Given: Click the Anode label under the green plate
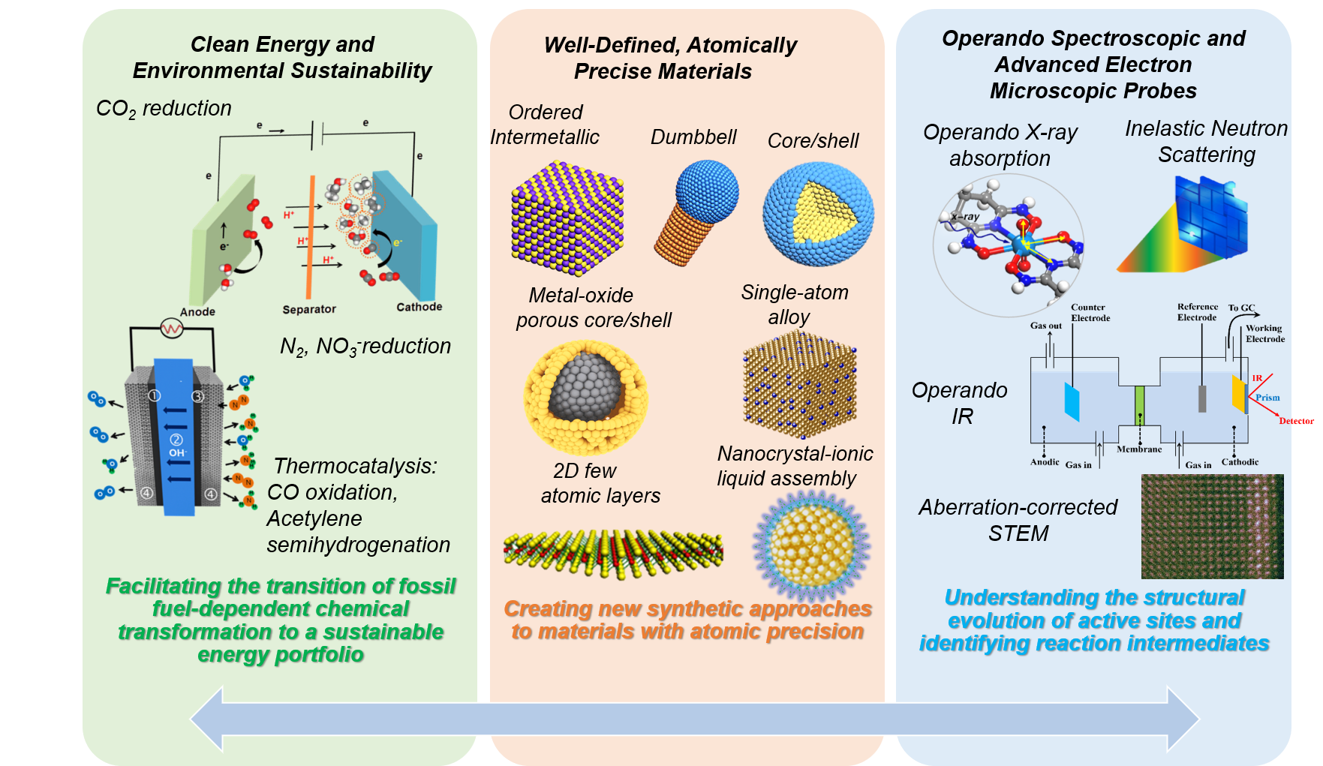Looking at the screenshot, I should pos(197,311).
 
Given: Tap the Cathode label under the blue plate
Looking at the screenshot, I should pos(419,307).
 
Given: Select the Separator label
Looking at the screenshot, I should pos(309,309).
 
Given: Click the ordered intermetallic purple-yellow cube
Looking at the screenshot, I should pos(567,217).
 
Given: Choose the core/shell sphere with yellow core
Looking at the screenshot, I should pos(817,214).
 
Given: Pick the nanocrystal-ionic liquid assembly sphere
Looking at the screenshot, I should pos(811,543).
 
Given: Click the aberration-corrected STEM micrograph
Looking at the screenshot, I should pos(1212,526).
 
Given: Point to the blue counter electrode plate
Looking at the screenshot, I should pos(1072,401).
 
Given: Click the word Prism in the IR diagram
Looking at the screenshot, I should pos(1267,398).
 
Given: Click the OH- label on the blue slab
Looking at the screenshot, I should pos(177,452).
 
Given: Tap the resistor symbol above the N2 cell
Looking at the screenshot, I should pos(172,329).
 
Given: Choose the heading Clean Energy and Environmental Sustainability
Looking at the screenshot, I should pos(282,58).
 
